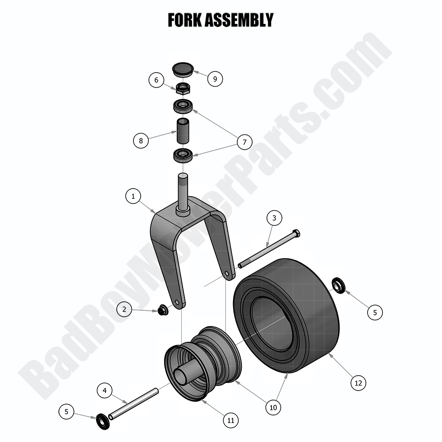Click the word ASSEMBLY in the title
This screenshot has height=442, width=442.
[240, 20]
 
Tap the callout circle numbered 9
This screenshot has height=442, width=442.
[215, 79]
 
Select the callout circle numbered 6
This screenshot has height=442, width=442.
[157, 80]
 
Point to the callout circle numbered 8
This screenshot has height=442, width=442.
[141, 141]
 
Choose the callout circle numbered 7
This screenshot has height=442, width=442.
[244, 143]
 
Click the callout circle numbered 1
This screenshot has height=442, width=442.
[133, 196]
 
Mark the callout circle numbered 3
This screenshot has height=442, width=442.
[274, 218]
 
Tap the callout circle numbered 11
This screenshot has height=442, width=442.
[230, 420]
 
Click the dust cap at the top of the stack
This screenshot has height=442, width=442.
[183, 70]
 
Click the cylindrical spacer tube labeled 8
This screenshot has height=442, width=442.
[183, 130]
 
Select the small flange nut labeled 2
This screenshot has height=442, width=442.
[162, 310]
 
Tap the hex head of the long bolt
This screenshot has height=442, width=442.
[296, 233]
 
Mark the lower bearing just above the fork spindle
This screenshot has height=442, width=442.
[183, 156]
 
